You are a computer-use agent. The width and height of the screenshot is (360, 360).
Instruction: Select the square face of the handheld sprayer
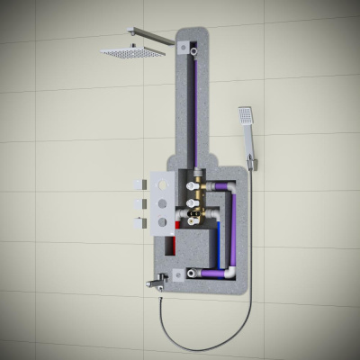tap(245, 114)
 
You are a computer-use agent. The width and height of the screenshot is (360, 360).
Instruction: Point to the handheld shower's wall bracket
tap(254, 162)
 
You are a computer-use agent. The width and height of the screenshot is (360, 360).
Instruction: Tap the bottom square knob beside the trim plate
tap(139, 221)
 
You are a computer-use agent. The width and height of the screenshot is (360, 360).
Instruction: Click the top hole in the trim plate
tap(163, 184)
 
